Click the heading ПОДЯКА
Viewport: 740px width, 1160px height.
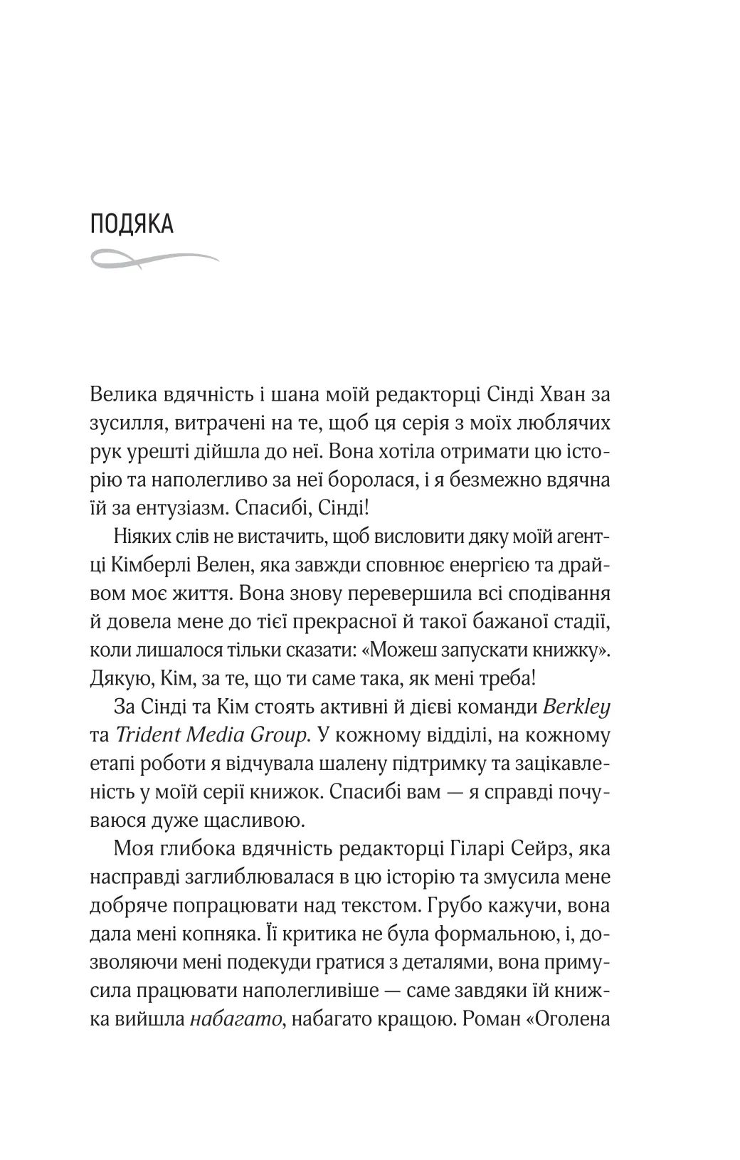[132, 225]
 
